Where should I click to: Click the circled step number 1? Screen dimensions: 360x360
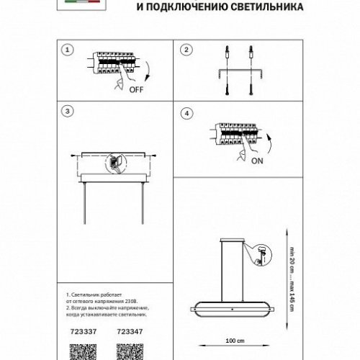(x=67, y=50)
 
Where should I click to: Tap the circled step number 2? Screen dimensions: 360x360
(x=186, y=50)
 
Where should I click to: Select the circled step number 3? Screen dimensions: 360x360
(x=67, y=111)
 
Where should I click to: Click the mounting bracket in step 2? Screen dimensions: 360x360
(x=238, y=71)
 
